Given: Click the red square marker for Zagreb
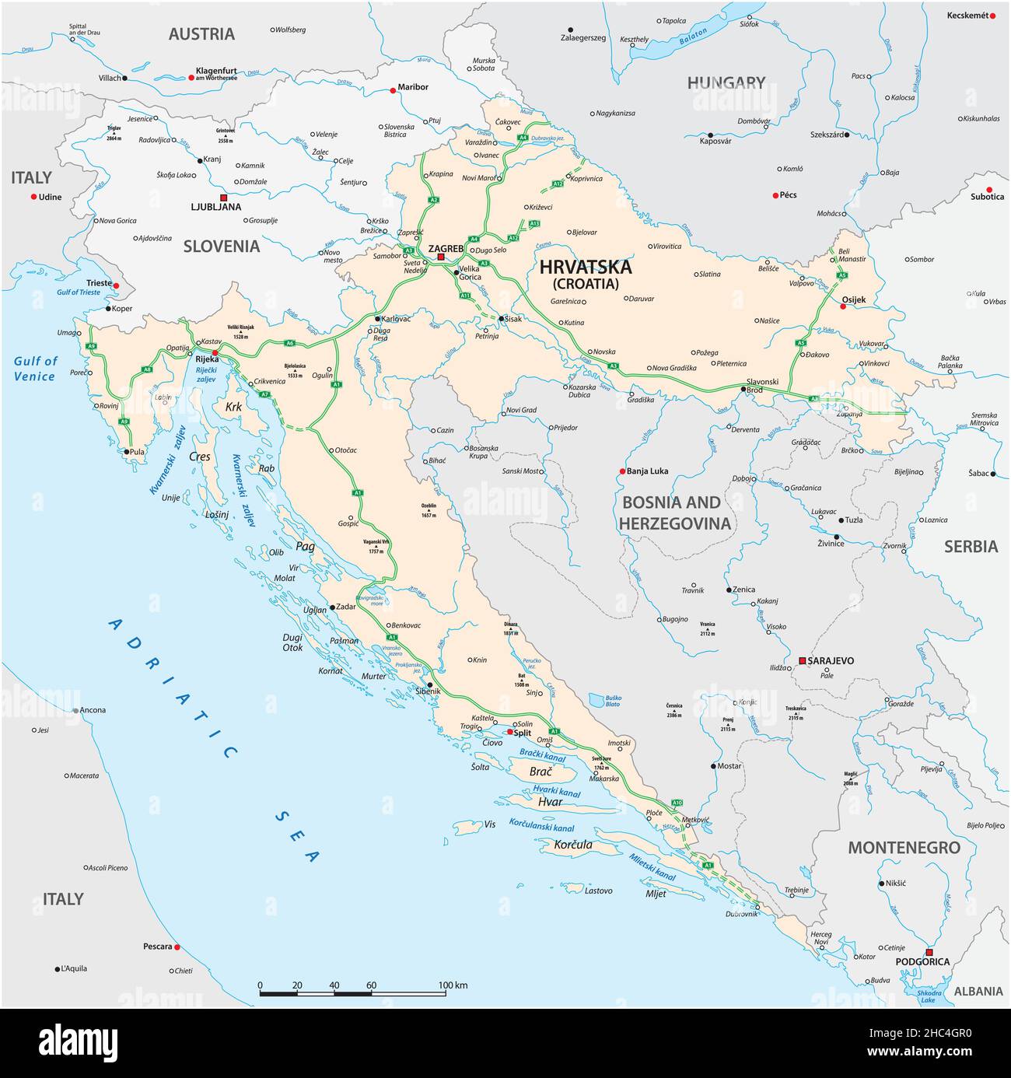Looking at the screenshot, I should click(x=440, y=257).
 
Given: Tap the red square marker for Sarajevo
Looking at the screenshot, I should click(x=801, y=660).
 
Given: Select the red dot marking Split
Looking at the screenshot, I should click(x=509, y=732).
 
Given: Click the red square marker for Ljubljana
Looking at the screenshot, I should click(x=223, y=198).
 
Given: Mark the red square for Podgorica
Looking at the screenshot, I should click(x=929, y=952).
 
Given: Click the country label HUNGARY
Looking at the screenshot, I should click(x=726, y=82).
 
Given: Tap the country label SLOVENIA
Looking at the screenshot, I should click(x=222, y=247).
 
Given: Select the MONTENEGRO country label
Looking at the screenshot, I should click(x=904, y=848).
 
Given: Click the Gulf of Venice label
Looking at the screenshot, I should click(x=35, y=369).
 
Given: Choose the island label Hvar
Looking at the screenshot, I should click(x=550, y=802).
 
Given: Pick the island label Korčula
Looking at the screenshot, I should click(x=573, y=845).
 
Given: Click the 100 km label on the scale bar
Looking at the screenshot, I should click(x=453, y=985).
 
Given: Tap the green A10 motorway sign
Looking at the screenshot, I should click(x=677, y=802).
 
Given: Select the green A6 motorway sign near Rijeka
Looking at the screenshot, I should click(x=289, y=343).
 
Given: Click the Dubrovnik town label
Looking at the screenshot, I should click(x=741, y=915).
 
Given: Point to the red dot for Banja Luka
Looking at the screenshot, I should click(x=622, y=471).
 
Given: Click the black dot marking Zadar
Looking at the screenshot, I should click(x=332, y=607).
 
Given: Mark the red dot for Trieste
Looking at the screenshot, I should click(x=116, y=285).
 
